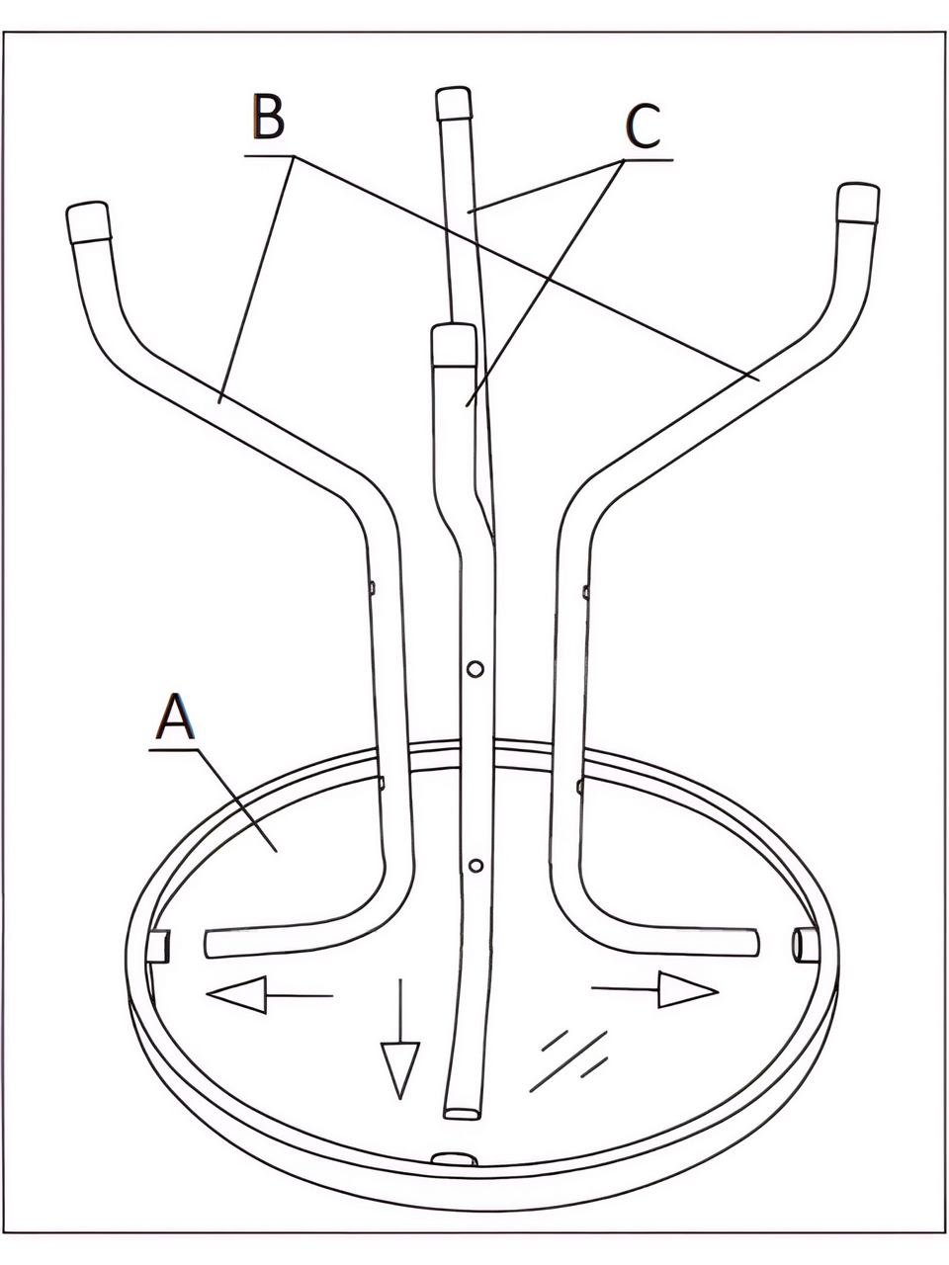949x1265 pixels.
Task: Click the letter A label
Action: (175, 717)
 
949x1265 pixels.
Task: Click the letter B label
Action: (268, 118)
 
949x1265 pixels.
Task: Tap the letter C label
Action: (644, 126)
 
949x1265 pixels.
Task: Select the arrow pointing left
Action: (269, 995)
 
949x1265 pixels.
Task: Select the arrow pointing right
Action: (654, 989)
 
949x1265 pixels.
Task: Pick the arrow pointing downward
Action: (400, 1039)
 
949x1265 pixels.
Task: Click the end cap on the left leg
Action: (88, 222)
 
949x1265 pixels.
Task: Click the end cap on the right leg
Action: (858, 203)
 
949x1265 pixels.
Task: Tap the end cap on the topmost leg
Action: (453, 104)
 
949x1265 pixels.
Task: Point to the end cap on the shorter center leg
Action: (454, 346)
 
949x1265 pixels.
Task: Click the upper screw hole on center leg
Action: (474, 669)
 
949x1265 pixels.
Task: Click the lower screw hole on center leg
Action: (475, 866)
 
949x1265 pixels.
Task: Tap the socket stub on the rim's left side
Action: (158, 946)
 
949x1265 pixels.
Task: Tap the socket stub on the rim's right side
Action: (806, 945)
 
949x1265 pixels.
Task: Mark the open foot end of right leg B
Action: (754, 942)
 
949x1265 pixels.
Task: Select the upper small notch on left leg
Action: (372, 588)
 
